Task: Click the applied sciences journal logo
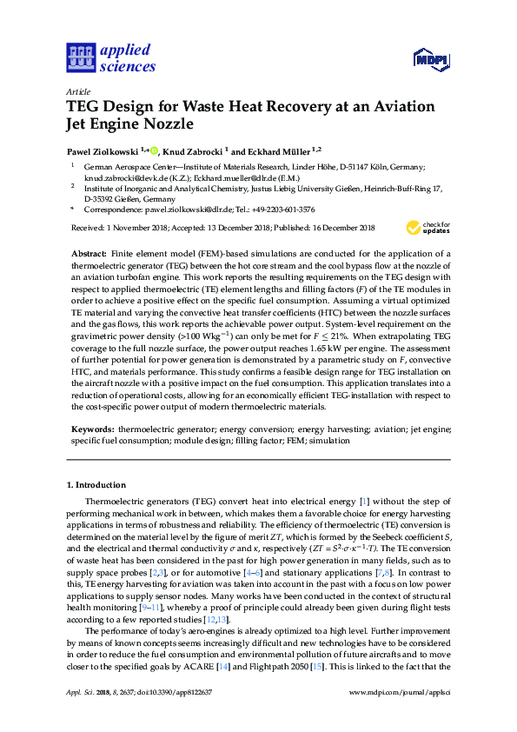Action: click(110, 57)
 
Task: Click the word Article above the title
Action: click(78, 91)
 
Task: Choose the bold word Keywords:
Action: click(92, 429)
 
